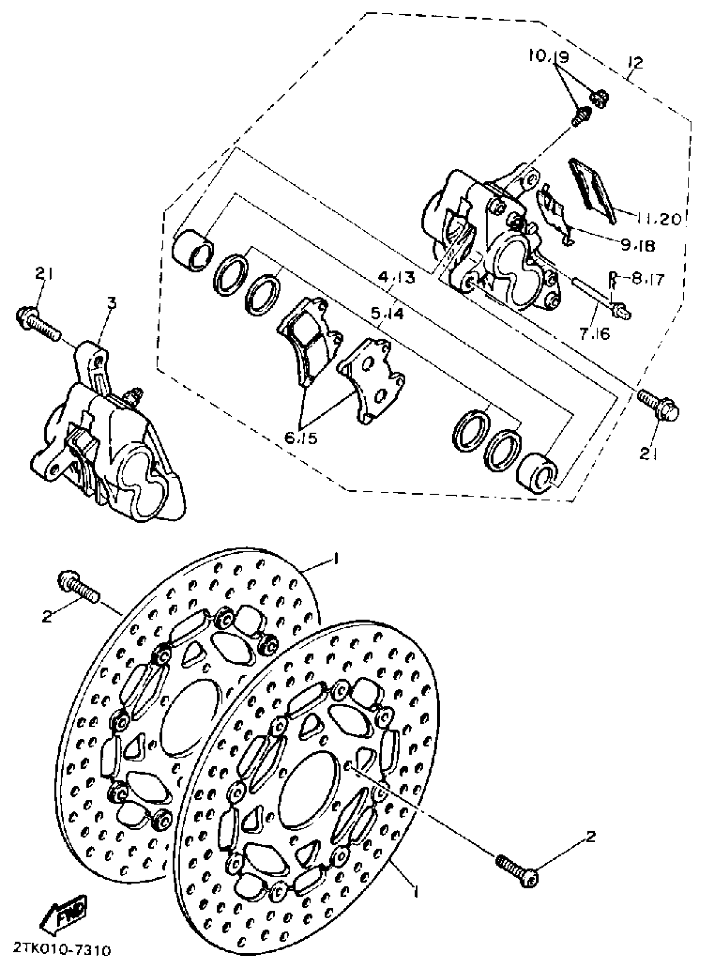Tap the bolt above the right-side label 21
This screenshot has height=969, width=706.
point(659,406)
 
